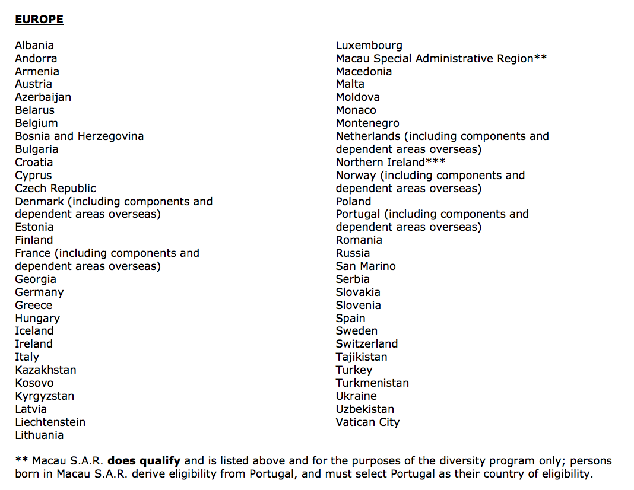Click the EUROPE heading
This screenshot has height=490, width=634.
[39, 20]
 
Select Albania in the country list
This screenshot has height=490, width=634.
[34, 46]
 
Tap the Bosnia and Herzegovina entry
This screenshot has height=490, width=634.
[79, 136]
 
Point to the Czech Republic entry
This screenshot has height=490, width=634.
[55, 189]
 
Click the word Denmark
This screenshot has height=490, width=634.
[39, 202]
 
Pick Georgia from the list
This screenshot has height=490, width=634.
[36, 279]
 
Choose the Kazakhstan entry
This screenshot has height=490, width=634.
[46, 370]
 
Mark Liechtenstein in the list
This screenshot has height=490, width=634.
[50, 422]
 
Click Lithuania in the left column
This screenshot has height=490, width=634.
[39, 435]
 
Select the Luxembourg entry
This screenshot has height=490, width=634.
[369, 46]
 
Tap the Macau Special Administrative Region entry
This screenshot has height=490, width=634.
[434, 59]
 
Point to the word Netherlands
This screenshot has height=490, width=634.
[368, 136]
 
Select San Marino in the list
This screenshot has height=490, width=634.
[366, 266]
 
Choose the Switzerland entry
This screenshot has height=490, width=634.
[367, 344]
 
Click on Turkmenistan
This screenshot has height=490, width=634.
[372, 383]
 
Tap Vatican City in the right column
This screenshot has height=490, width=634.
[367, 422]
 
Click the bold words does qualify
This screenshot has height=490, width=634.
[144, 461]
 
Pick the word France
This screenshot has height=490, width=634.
[34, 253]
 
